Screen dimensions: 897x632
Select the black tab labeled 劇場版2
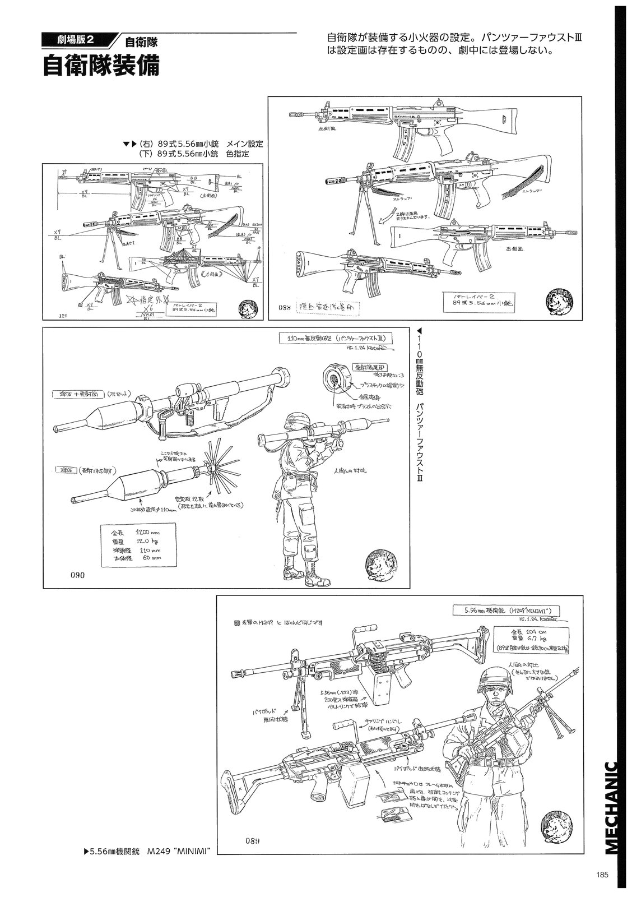78,40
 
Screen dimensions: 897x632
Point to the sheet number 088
285,307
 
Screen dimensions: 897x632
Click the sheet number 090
78,575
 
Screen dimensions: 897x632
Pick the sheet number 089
252,840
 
